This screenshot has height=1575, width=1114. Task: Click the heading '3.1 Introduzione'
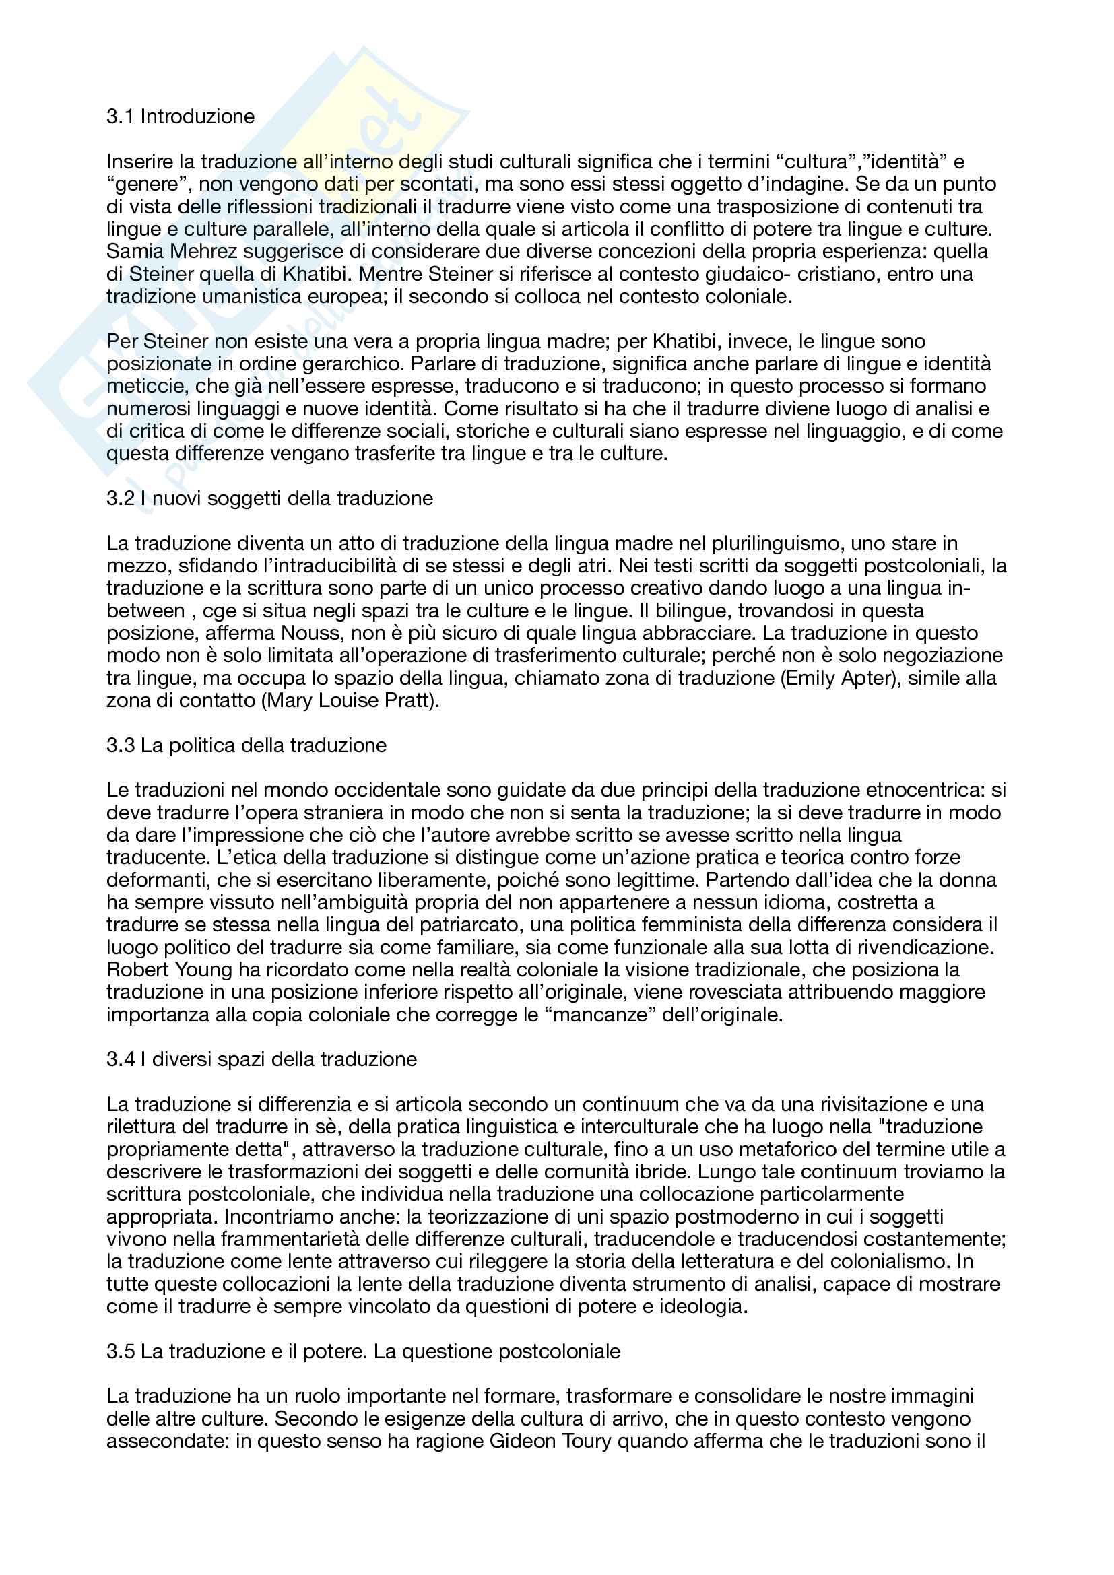[181, 116]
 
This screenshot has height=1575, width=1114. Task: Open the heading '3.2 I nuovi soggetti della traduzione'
[269, 498]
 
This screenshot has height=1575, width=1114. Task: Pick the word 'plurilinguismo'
[777, 543]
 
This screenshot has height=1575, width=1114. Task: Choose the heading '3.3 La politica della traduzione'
[247, 745]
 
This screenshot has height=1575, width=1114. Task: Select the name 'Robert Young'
[170, 970]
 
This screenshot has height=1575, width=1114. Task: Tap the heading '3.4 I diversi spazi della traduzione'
[261, 1059]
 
